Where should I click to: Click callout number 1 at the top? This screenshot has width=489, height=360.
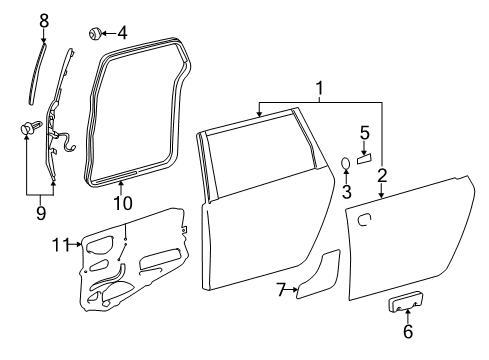point(321,93)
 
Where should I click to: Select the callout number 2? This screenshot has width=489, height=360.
point(381,176)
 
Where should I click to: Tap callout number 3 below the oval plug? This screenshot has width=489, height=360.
point(345,191)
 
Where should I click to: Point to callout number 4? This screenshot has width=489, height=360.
point(122,33)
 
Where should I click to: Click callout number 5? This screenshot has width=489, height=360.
point(365,132)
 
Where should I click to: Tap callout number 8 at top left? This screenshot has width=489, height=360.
point(43,19)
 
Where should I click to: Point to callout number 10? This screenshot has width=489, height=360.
point(122,202)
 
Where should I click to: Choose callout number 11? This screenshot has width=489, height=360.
point(60,243)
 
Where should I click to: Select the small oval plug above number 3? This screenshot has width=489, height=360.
point(345,164)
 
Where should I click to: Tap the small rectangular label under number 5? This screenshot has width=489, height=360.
point(365,157)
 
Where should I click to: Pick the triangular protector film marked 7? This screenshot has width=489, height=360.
point(321,278)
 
